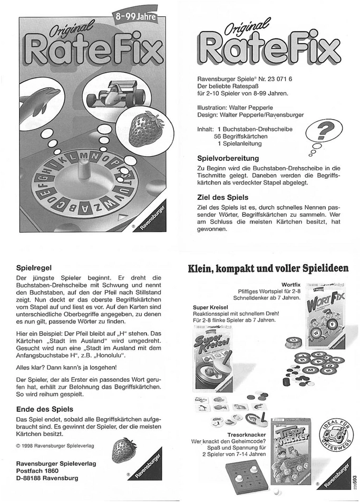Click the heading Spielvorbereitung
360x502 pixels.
(228, 158)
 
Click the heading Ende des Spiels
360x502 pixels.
(44, 409)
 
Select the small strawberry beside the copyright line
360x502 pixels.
(122, 450)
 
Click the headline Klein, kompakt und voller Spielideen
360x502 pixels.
(268, 268)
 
